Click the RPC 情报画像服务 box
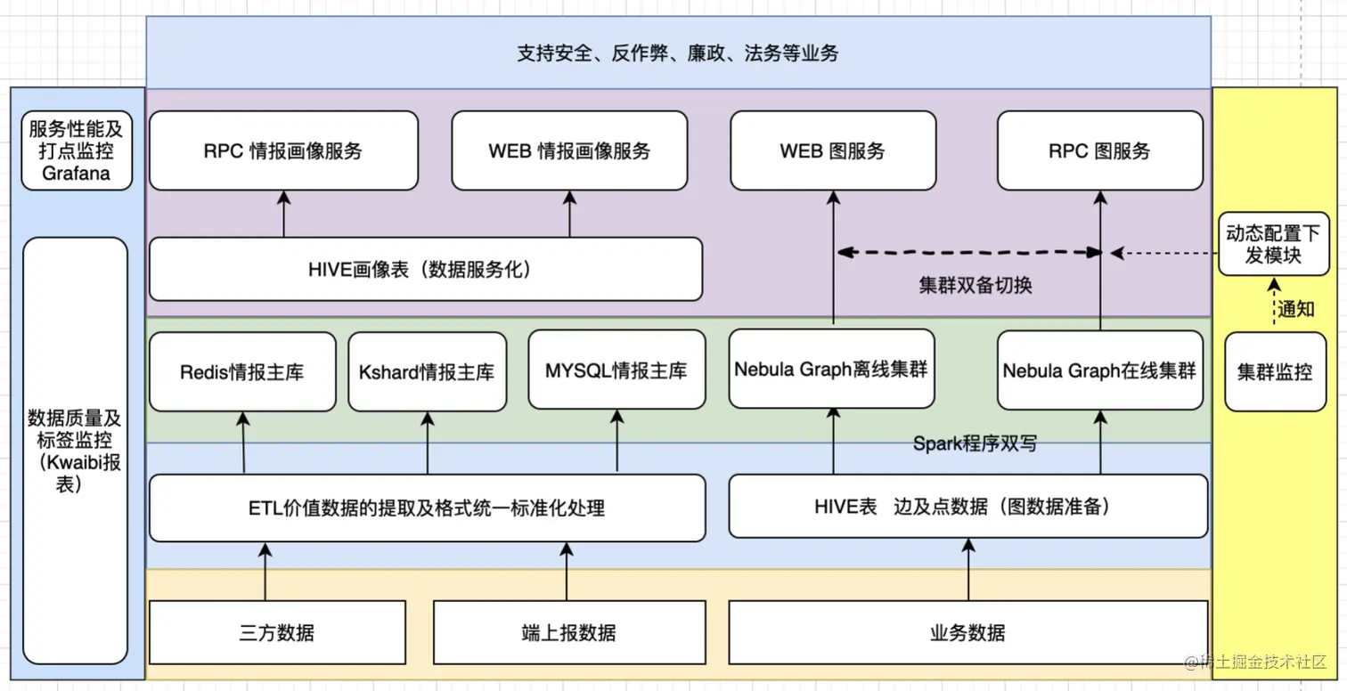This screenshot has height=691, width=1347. [283, 150]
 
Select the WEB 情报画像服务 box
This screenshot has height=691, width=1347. [569, 150]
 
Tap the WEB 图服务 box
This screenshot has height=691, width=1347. [833, 150]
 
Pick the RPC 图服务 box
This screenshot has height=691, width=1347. [1099, 150]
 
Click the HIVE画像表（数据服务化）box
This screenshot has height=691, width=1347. [425, 269]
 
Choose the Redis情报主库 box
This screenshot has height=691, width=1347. [242, 371]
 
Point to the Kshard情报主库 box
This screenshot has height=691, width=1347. [427, 371]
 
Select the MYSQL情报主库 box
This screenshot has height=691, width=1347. [616, 370]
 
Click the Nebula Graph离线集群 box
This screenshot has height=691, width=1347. [831, 369]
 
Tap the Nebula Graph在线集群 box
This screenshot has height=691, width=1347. [1099, 370]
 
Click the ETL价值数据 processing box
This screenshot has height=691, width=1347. [427, 508]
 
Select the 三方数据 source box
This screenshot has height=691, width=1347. [277, 633]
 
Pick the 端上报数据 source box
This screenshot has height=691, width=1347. [568, 633]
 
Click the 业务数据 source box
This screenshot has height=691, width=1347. [967, 633]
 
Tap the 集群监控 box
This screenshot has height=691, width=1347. [1275, 371]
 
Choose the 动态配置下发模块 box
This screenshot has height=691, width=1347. [1273, 244]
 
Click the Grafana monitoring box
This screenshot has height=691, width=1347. [77, 150]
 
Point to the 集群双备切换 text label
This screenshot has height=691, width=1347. [976, 287]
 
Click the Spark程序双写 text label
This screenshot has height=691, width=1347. [975, 443]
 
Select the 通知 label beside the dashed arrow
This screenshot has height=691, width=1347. [1297, 310]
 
